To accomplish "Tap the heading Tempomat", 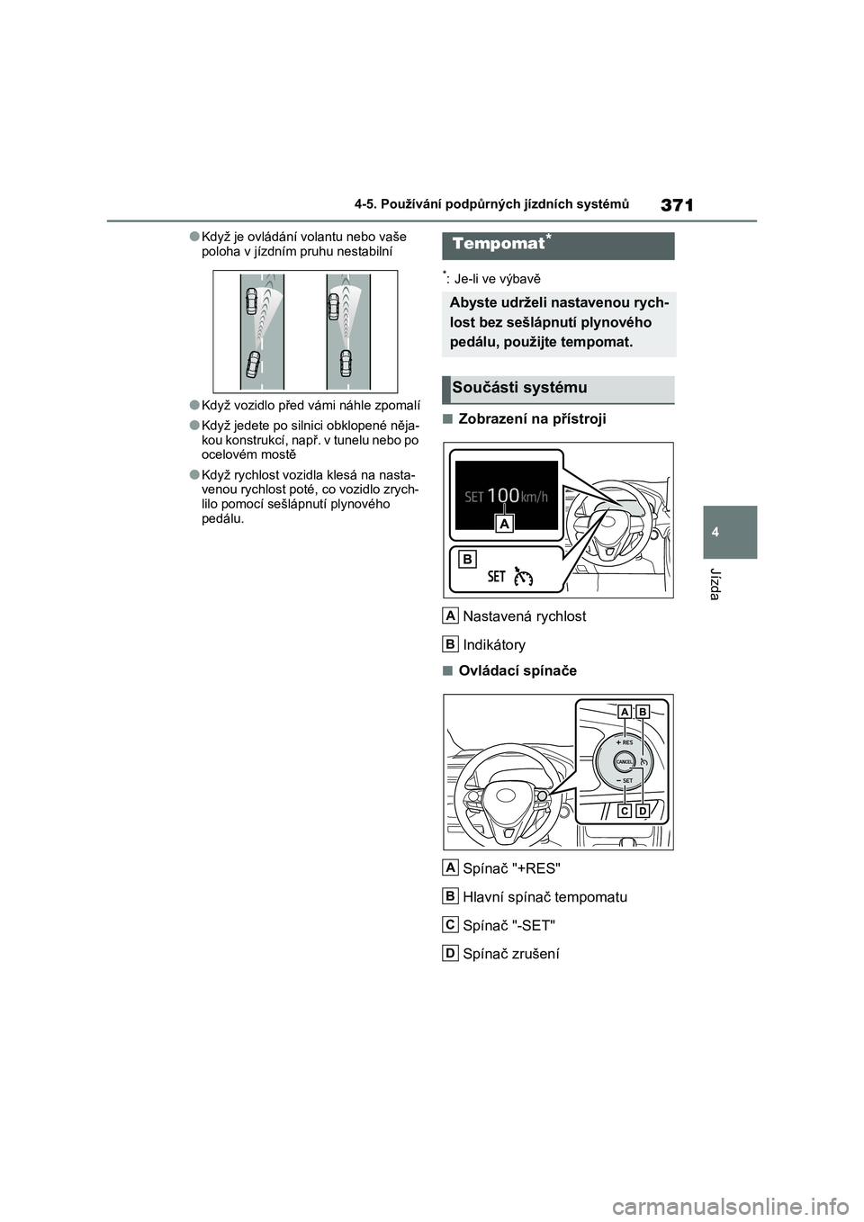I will [x=499, y=244].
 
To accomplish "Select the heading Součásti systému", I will [x=519, y=388].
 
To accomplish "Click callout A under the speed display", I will [x=504, y=524].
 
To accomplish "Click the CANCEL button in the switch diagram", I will [x=624, y=761].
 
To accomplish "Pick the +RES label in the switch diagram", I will [x=626, y=742].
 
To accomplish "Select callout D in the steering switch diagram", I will [x=643, y=811].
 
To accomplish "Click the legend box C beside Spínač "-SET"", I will [x=450, y=924].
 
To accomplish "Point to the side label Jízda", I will [x=715, y=585].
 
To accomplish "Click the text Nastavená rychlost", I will [x=524, y=616].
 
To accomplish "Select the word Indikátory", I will [x=494, y=644].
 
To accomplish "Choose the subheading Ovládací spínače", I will [x=517, y=670].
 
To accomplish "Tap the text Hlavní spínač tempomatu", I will [x=544, y=896].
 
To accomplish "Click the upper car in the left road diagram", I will [x=251, y=303].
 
